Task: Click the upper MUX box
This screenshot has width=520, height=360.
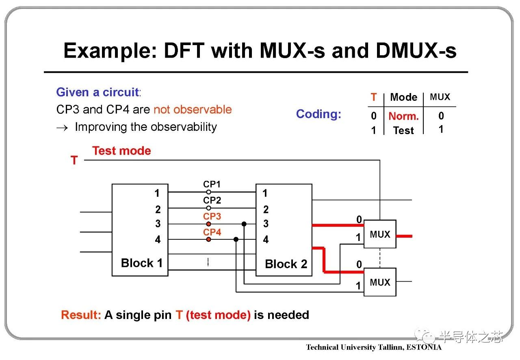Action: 379,234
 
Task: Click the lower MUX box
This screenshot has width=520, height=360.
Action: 379,282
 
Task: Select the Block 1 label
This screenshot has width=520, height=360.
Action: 141,263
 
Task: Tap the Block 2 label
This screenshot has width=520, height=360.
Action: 286,264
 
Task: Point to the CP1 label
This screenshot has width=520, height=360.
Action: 212,184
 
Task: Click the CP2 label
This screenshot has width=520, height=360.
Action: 212,200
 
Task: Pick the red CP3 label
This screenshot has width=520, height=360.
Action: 212,216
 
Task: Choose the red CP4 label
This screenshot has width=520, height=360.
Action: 212,232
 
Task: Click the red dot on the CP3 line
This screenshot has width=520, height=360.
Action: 208,224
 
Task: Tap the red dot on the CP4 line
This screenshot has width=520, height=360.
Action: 208,240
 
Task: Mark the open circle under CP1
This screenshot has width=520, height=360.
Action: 208,192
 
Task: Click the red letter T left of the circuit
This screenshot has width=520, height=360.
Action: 74,160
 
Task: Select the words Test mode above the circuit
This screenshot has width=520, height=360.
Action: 121,151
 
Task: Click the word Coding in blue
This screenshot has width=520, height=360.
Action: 318,114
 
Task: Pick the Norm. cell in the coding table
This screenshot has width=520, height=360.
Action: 403,116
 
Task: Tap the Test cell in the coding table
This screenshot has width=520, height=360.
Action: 403,130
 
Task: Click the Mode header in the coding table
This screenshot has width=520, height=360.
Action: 403,97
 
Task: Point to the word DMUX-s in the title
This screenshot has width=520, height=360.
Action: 416,51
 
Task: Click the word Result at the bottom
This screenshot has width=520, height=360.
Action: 80,315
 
